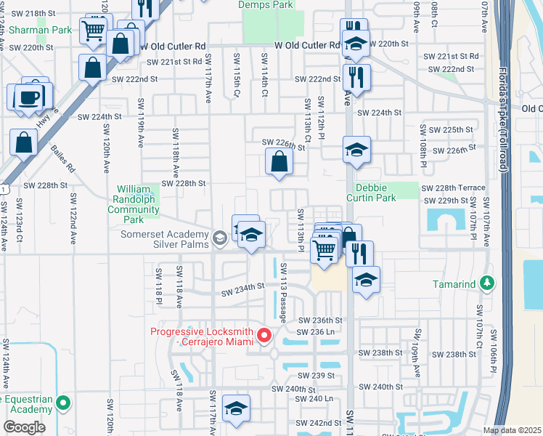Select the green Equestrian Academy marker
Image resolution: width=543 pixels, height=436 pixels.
[63, 401]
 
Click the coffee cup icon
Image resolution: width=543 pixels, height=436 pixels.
[29, 97]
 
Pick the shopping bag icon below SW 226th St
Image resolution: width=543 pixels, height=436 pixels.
[279, 163]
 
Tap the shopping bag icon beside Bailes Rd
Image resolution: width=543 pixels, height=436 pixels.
[24, 143]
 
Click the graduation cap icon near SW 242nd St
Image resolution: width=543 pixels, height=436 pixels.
[235, 410]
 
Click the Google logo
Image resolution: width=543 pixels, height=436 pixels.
[24, 427]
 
